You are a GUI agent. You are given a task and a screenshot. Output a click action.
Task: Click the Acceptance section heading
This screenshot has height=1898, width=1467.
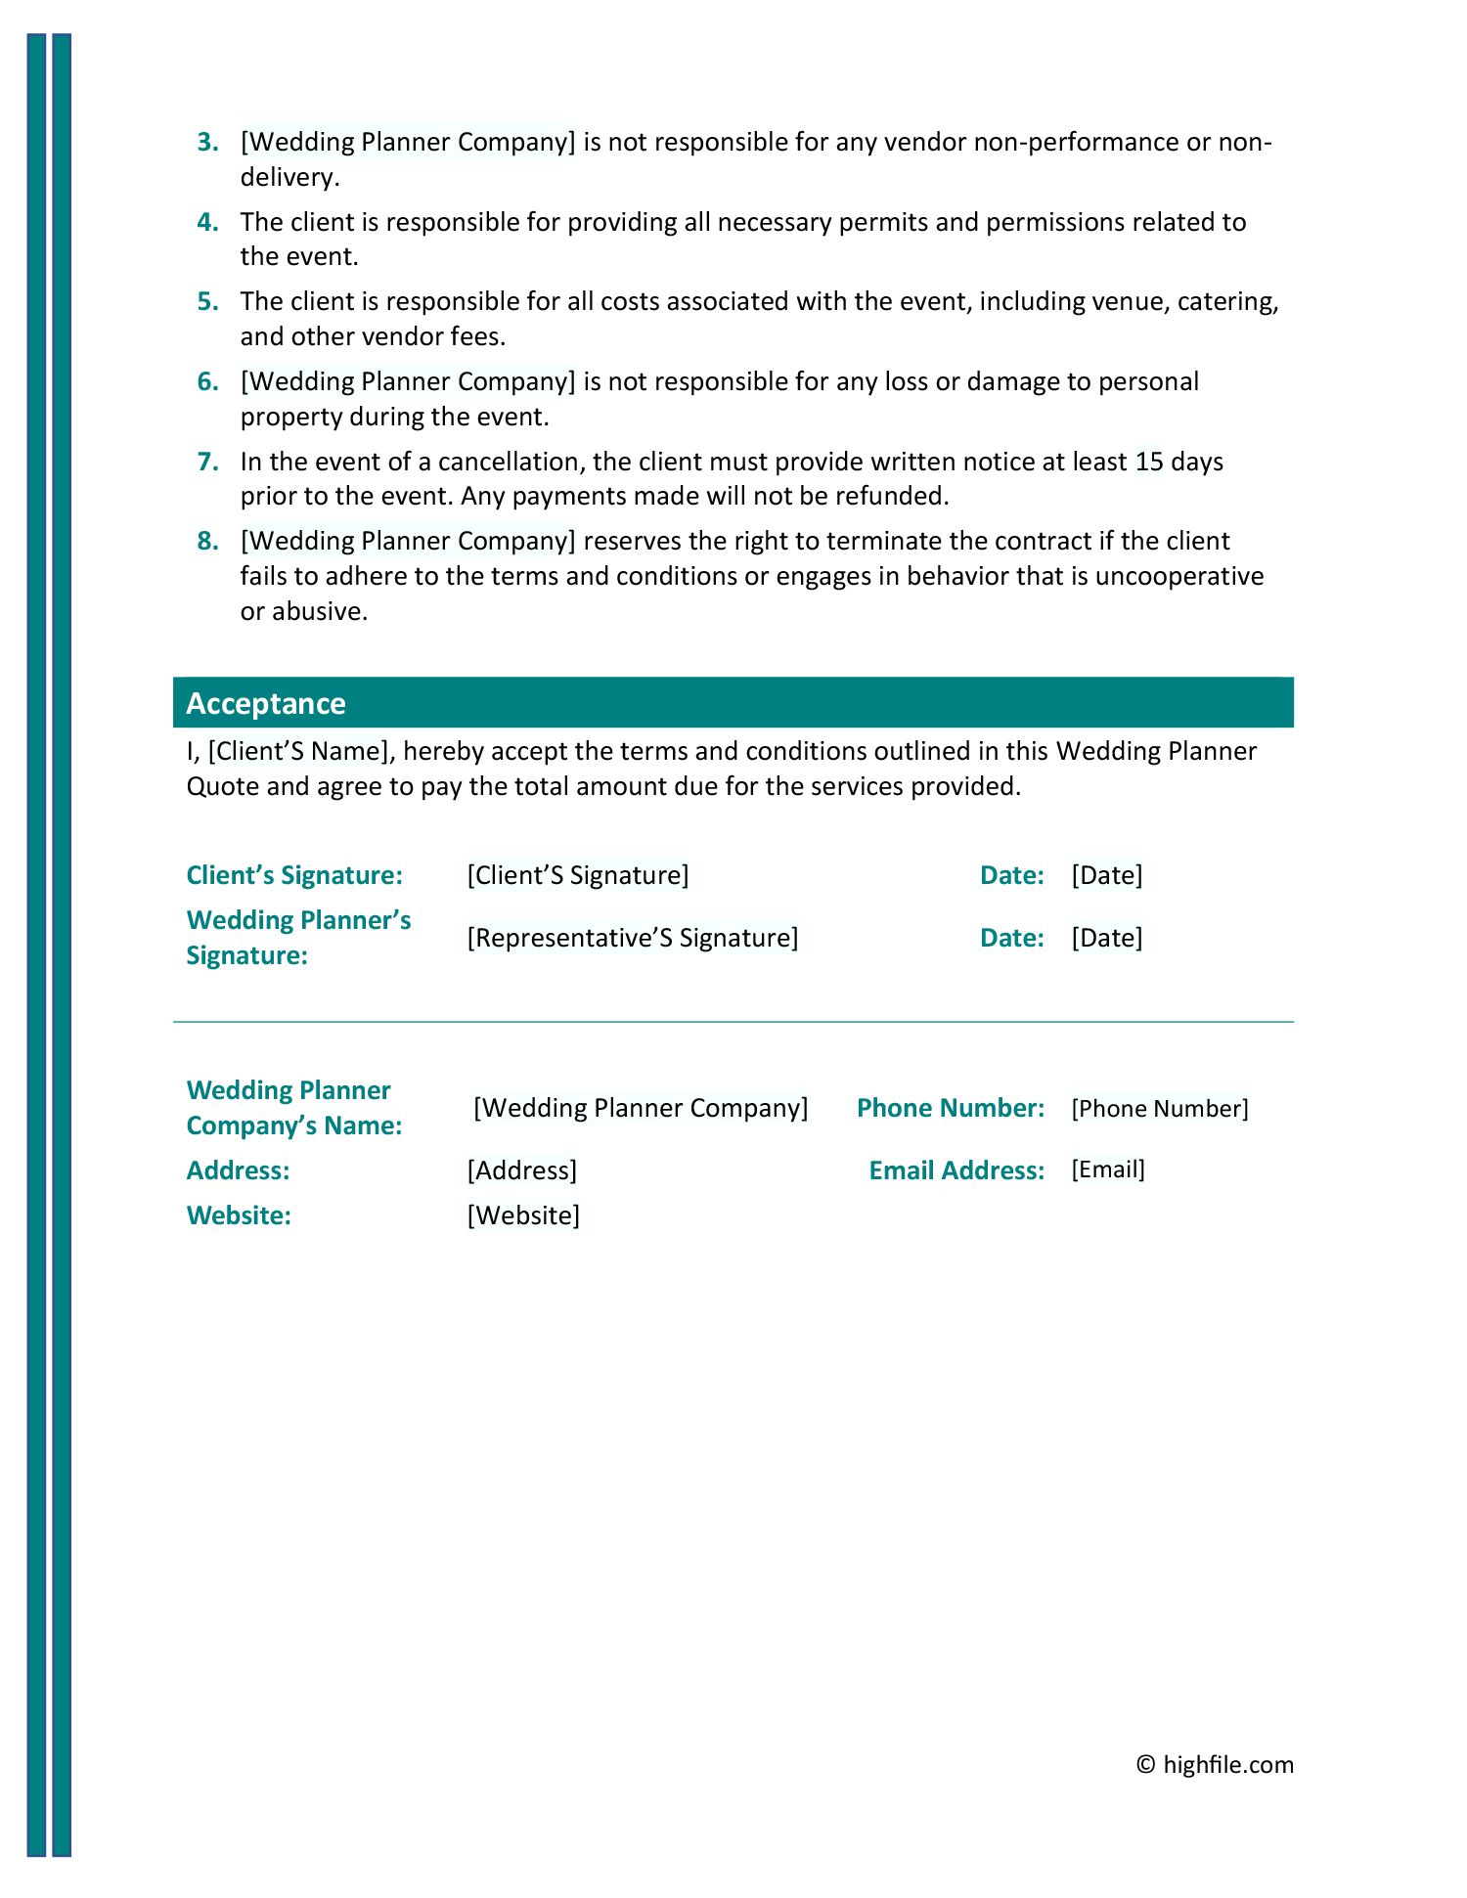(266, 703)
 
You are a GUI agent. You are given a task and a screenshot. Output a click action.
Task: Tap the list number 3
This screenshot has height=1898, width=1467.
(207, 143)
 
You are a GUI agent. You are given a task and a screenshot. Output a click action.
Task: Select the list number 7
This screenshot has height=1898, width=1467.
(207, 462)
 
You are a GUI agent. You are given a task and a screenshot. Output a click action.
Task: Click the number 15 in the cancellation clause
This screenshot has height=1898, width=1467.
(1149, 462)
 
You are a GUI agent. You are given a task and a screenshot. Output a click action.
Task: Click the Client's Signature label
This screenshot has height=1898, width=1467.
(294, 875)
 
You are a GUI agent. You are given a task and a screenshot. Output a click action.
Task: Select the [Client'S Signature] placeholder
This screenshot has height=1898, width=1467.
(578, 875)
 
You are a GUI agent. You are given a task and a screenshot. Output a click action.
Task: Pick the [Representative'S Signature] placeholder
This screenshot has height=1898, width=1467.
(633, 938)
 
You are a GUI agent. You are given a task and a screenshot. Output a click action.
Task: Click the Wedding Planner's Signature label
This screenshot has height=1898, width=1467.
(298, 938)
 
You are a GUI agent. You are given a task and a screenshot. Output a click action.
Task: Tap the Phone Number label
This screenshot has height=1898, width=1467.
(951, 1108)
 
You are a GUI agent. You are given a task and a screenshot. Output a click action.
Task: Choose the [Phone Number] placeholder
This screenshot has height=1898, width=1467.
(1160, 1108)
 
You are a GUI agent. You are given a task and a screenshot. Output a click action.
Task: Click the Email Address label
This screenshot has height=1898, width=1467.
(956, 1170)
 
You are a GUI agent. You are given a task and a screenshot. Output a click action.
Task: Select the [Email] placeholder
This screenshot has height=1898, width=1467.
(1108, 1170)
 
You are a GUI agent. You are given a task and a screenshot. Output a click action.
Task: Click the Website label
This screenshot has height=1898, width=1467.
(239, 1215)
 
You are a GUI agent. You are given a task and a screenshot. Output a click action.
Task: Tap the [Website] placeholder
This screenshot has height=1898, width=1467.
(523, 1215)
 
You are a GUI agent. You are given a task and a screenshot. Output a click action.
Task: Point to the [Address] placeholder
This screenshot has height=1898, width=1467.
(522, 1170)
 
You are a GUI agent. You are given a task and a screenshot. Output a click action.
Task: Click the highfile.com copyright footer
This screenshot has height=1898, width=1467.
(1215, 1764)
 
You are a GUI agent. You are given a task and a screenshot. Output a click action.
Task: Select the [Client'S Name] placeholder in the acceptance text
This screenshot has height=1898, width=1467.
(298, 751)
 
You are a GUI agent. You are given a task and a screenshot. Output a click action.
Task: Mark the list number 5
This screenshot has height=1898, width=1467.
(207, 302)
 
